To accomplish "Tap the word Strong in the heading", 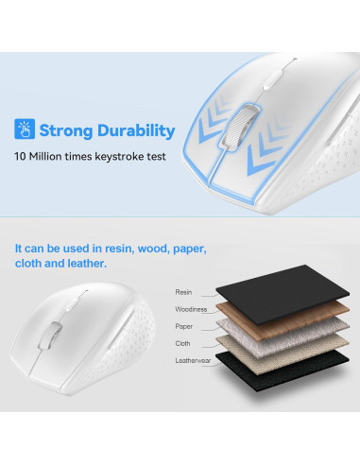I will click(x=67, y=130).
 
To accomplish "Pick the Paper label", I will click(x=183, y=326).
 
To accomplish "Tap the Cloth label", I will click(x=182, y=343).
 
